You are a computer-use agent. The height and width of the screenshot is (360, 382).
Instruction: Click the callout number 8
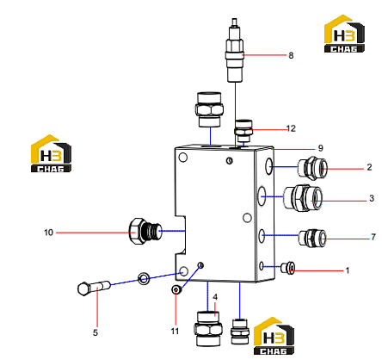coord(291,55)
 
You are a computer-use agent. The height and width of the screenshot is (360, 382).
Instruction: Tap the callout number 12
coord(291,128)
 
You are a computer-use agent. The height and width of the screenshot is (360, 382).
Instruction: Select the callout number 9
coord(321,148)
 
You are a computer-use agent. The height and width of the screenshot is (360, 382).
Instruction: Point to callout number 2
coord(369,167)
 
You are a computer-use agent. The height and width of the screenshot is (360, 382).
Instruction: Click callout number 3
coord(372,198)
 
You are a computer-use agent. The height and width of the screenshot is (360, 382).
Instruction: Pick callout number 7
coord(373,237)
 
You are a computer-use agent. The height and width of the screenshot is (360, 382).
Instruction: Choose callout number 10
coord(48,233)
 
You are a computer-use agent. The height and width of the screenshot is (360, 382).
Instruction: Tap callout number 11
coord(175,331)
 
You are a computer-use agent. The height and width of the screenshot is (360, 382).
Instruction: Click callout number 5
coord(95,332)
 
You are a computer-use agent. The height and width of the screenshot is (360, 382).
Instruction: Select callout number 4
coord(215,297)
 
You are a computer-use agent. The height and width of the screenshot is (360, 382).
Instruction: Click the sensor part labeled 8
coord(235,51)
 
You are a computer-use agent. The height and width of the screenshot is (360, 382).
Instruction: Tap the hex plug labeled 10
coord(145,232)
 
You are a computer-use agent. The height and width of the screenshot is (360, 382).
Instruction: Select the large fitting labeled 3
coord(303,198)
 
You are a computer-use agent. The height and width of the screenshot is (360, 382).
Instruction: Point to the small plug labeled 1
coord(288,268)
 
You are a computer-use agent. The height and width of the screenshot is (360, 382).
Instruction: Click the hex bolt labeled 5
coord(94,289)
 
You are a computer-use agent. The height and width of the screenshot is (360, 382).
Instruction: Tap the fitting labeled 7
coord(312,238)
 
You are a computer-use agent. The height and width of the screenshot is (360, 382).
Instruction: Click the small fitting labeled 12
coord(243,131)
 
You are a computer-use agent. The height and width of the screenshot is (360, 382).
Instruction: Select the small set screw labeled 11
coord(176,290)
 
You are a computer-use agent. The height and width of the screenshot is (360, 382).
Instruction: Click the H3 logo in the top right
coord(344,34)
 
